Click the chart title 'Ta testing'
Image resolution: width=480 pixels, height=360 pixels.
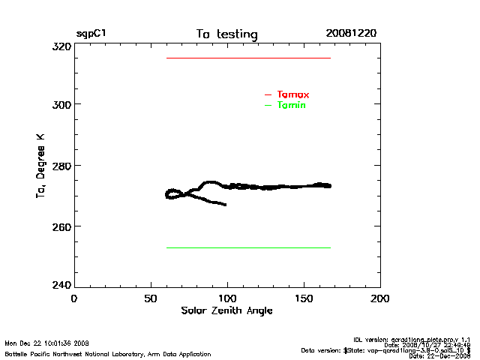click(x=226, y=34)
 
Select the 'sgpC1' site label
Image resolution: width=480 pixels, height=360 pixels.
click(x=91, y=34)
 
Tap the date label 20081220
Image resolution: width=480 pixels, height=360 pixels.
click(x=351, y=34)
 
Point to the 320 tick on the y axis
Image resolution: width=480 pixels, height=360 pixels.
click(x=61, y=46)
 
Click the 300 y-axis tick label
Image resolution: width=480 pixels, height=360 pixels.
click(x=61, y=104)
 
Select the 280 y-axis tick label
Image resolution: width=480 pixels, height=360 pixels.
click(x=61, y=165)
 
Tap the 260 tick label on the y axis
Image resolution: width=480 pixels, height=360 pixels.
click(x=61, y=226)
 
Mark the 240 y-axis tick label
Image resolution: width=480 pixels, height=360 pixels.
click(x=61, y=285)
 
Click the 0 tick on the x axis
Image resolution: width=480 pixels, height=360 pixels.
click(x=74, y=298)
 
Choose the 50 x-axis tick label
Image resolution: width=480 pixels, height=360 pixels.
click(x=151, y=298)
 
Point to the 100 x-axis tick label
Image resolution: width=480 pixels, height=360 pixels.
click(x=227, y=298)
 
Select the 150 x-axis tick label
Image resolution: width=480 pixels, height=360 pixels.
click(x=304, y=298)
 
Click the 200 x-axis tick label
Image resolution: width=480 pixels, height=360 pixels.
click(x=380, y=298)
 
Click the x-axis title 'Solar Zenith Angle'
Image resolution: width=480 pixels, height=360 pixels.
click(x=226, y=310)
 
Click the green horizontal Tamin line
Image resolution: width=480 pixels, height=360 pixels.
click(x=248, y=247)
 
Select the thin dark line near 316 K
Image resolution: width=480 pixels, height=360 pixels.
click(x=248, y=58)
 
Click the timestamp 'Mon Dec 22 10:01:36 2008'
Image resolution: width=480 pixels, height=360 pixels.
click(x=46, y=343)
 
